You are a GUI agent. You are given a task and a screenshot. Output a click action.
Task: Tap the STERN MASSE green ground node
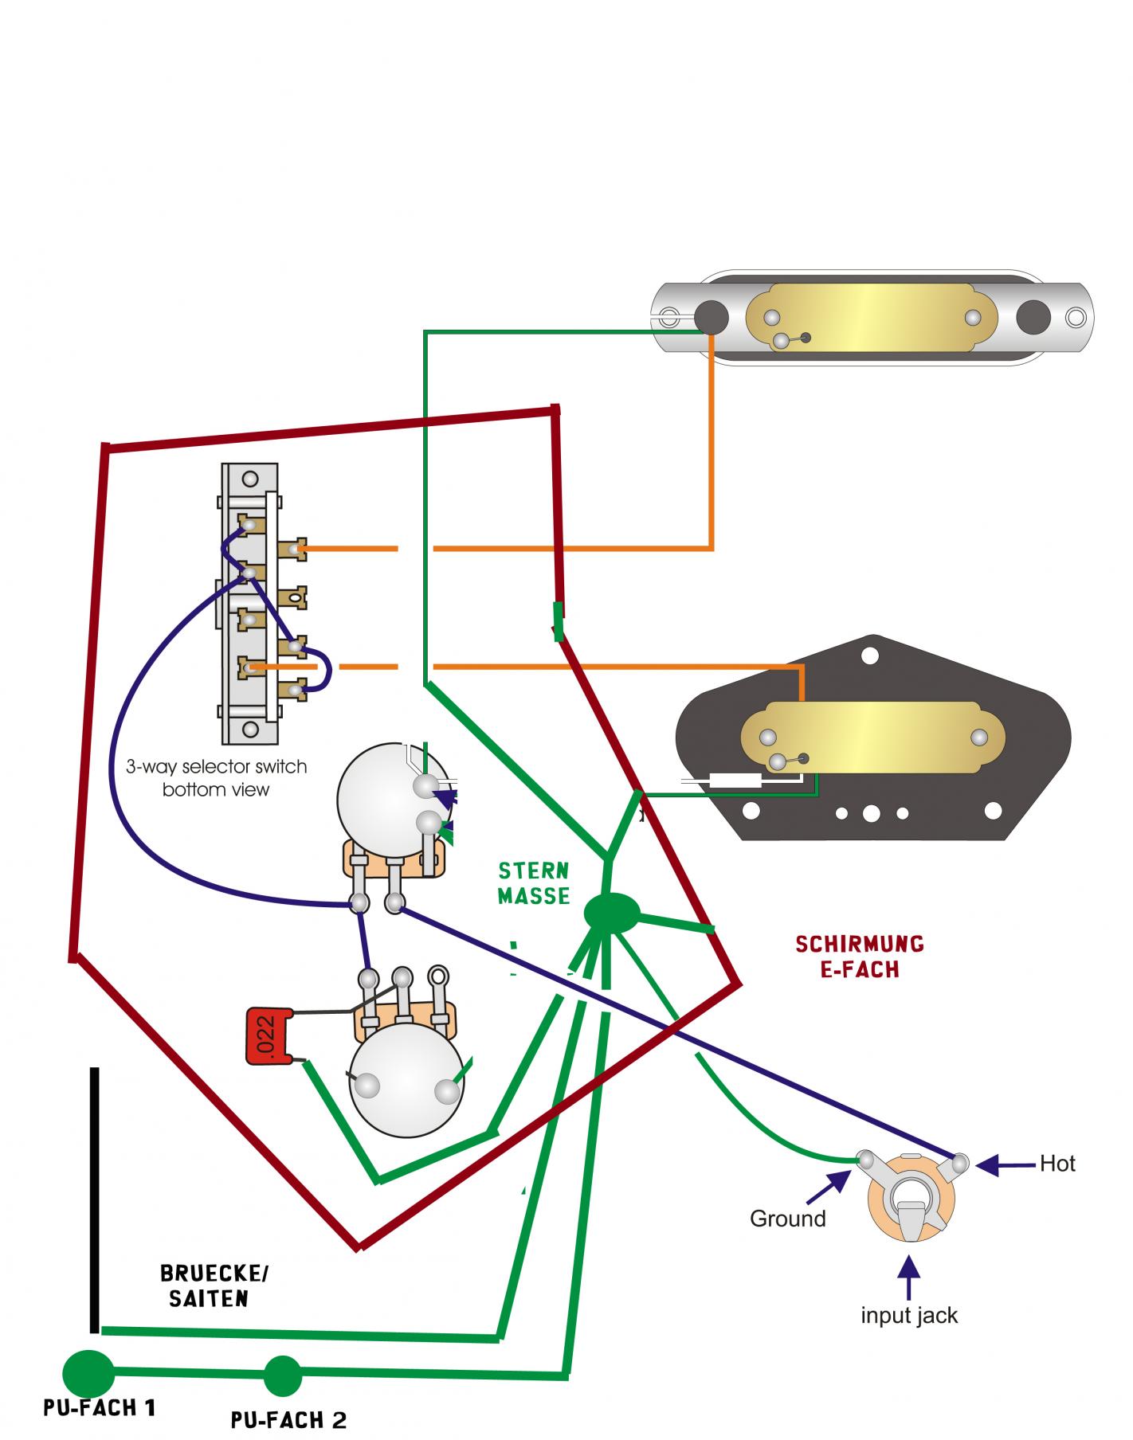pyautogui.click(x=611, y=913)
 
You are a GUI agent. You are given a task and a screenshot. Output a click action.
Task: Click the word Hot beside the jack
pyautogui.click(x=1057, y=1164)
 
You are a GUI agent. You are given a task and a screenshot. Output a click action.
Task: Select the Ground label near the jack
pyautogui.click(x=787, y=1219)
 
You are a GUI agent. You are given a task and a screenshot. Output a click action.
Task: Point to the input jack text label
pyautogui.click(x=908, y=1315)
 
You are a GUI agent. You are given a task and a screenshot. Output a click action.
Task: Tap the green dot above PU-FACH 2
pyautogui.click(x=282, y=1375)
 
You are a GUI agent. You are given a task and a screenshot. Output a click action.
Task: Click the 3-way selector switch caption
pyautogui.click(x=216, y=778)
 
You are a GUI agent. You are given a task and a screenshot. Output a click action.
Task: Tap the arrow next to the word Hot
pyautogui.click(x=1006, y=1165)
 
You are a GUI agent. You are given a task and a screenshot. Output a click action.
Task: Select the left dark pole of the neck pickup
pyautogui.click(x=711, y=316)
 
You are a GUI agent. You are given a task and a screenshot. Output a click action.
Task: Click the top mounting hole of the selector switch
pyautogui.click(x=250, y=479)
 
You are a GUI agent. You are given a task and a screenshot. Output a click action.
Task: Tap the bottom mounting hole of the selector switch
pyautogui.click(x=250, y=727)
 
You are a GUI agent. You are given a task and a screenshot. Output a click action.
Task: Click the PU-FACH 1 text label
pyautogui.click(x=100, y=1408)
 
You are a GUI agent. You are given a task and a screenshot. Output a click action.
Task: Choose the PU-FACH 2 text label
pyautogui.click(x=288, y=1419)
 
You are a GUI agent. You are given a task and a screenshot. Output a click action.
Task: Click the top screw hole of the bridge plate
pyautogui.click(x=870, y=655)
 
